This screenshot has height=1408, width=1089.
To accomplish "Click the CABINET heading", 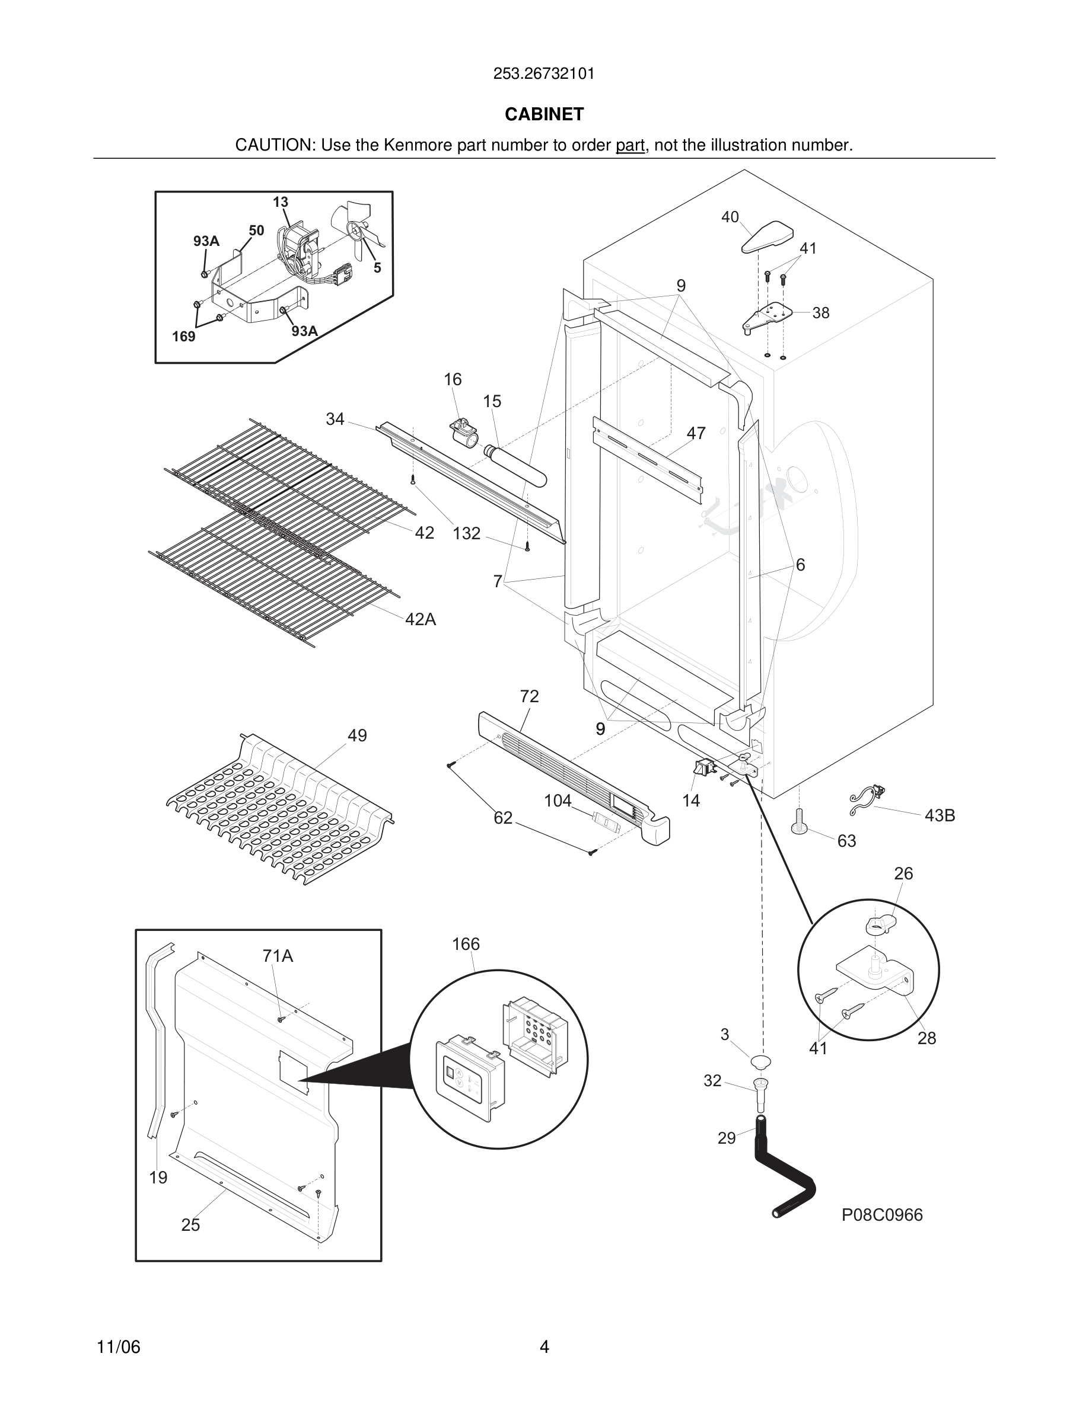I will pyautogui.click(x=544, y=114).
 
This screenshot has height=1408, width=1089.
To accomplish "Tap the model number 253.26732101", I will pyautogui.click(x=544, y=74).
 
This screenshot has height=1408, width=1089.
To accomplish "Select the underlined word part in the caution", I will pyautogui.click(x=630, y=146).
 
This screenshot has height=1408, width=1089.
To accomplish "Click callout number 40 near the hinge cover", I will pyautogui.click(x=730, y=217).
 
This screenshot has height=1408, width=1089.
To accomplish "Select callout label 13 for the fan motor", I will pyautogui.click(x=280, y=203).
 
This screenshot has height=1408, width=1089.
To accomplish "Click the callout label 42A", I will pyautogui.click(x=421, y=619).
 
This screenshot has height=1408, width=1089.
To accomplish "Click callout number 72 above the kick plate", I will pyautogui.click(x=529, y=696).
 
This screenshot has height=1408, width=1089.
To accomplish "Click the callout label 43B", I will pyautogui.click(x=940, y=815).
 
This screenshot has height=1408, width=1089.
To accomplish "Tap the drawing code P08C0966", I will pyautogui.click(x=882, y=1215).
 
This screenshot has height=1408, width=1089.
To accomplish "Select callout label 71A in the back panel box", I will pyautogui.click(x=278, y=956).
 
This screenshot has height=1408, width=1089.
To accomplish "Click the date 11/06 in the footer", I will pyautogui.click(x=118, y=1347).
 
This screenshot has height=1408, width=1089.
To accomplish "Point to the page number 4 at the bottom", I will pyautogui.click(x=544, y=1347).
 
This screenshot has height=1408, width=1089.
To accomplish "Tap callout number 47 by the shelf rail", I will pyautogui.click(x=696, y=433).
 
